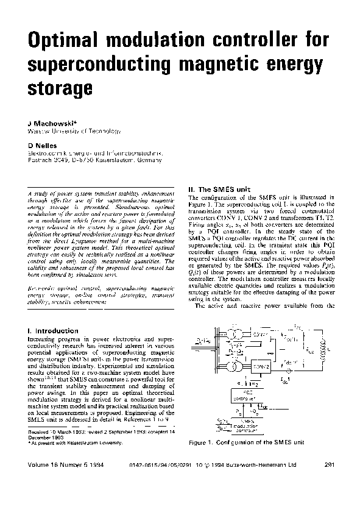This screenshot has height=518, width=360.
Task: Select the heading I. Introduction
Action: [x=51, y=331]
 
